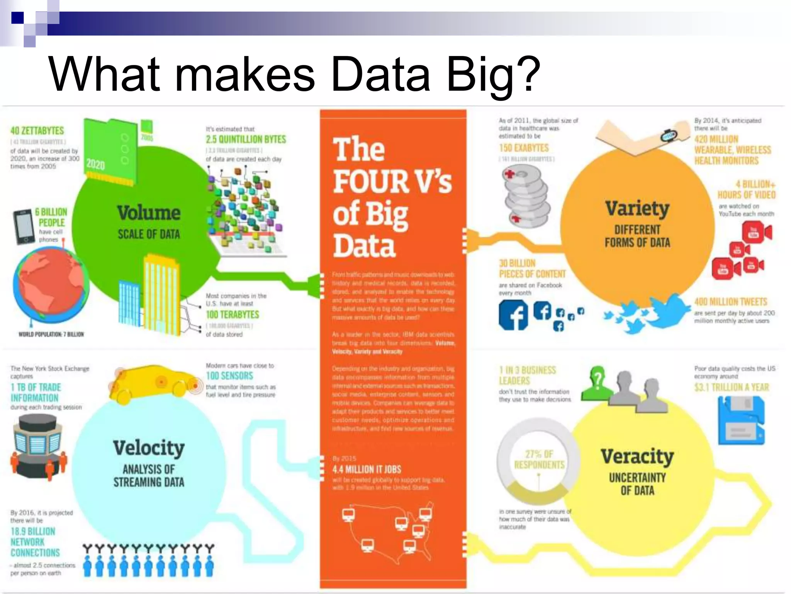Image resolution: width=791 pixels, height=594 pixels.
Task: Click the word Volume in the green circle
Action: coord(149,213)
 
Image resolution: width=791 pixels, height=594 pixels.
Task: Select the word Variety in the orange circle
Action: coord(637,208)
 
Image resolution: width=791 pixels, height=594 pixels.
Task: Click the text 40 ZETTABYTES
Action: coord(37,131)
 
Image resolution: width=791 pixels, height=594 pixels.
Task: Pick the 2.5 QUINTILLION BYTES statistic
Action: coord(246,139)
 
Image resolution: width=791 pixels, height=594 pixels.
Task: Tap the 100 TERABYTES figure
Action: coord(233,314)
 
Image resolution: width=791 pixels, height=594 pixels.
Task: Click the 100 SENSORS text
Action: coord(229,376)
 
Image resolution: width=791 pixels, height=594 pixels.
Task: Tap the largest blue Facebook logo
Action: coord(513,315)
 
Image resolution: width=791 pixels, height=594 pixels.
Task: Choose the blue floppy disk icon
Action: coord(741,421)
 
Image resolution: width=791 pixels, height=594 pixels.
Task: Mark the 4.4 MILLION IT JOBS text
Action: coord(367,469)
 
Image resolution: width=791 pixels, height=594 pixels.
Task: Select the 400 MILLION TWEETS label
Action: coord(731,302)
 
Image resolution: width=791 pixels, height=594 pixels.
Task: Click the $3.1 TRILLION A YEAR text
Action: coord(732,387)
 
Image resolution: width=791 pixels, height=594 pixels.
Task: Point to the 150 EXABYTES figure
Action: coord(523,148)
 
